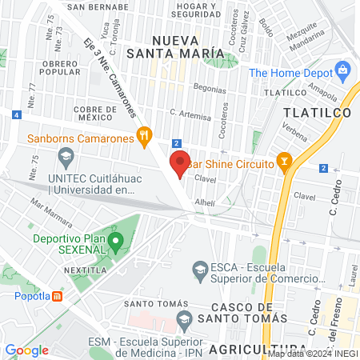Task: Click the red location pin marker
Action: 180,162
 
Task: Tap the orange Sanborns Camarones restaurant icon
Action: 144,135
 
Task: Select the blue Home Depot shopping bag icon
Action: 344,70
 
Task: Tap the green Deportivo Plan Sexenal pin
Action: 116,241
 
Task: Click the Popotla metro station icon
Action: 58,296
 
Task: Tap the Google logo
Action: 26,350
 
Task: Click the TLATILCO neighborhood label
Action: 318,114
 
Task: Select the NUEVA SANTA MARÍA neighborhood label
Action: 187,46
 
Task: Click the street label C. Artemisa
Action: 189,114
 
